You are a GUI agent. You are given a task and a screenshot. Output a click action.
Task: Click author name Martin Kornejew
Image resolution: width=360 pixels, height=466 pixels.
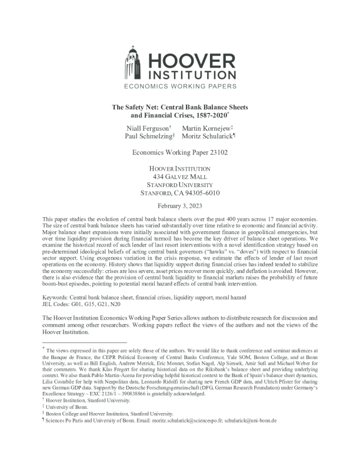pyautogui.click(x=206, y=128)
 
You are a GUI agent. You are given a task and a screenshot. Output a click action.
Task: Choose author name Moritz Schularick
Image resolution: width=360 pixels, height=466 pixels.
pyautogui.click(x=206, y=136)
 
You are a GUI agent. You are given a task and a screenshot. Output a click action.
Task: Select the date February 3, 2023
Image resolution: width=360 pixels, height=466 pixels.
pyautogui.click(x=180, y=205)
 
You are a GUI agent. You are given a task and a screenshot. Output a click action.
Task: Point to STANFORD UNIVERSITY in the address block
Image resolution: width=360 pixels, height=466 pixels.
pyautogui.click(x=180, y=184)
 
